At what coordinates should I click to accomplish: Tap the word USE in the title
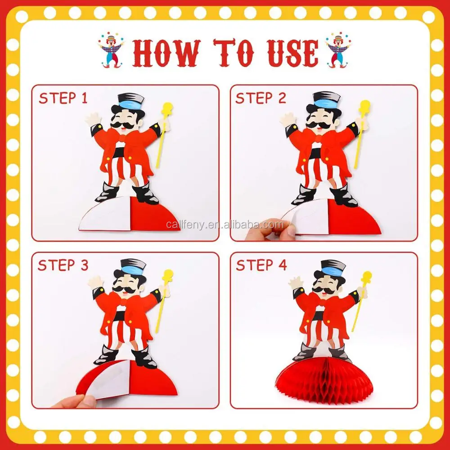[x=292, y=53]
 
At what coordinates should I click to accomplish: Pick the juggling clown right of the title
[x=338, y=50]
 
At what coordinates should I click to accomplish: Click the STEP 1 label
[x=63, y=98]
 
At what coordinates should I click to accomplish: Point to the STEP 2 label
[x=261, y=98]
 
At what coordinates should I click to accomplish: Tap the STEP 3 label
[x=63, y=265]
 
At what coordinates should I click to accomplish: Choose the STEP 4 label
[x=261, y=265]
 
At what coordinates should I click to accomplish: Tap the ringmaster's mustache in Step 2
[x=320, y=125]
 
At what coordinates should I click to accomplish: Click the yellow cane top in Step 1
[x=167, y=108]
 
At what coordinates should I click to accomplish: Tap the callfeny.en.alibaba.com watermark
[x=225, y=225]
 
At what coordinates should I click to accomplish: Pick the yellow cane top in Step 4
[x=367, y=277]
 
